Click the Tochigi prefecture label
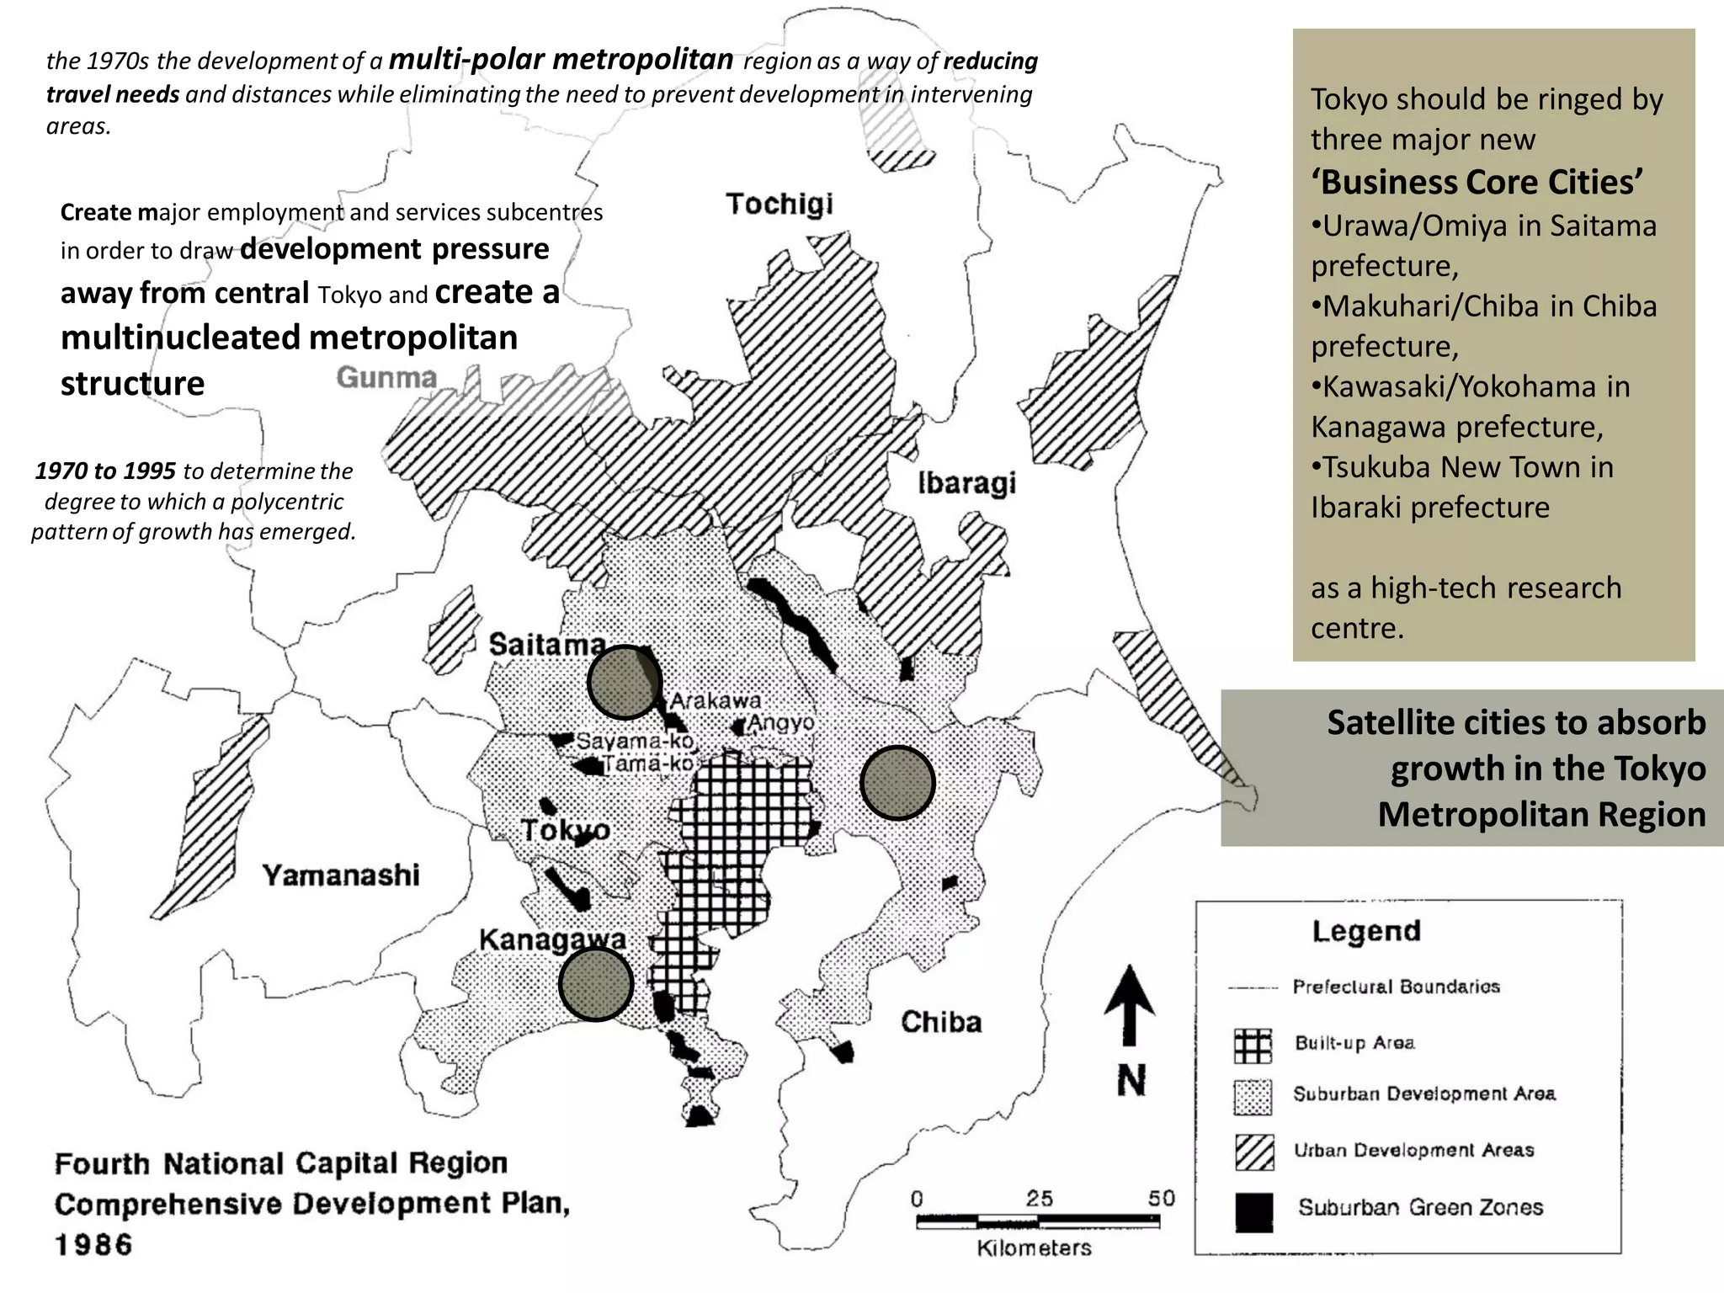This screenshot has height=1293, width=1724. click(x=780, y=205)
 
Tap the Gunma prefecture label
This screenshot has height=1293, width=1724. click(x=386, y=377)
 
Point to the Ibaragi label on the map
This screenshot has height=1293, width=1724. click(x=966, y=484)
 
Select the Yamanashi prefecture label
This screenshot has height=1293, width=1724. click(x=341, y=875)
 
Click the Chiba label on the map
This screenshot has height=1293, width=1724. click(x=941, y=1022)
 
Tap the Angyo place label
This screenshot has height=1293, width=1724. click(x=781, y=722)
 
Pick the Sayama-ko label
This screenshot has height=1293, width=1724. click(x=635, y=742)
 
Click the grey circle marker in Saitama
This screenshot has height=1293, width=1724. click(x=625, y=682)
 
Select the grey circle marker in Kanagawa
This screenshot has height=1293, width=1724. click(x=596, y=984)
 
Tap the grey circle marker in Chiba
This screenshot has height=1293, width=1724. click(x=897, y=783)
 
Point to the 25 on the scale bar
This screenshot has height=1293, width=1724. click(x=1039, y=1198)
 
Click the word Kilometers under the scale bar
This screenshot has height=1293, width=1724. click(x=1034, y=1248)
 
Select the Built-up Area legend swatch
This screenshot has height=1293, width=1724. click(x=1253, y=1046)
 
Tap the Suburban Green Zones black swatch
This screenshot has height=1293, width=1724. click(x=1253, y=1212)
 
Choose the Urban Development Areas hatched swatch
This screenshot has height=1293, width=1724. click(x=1253, y=1152)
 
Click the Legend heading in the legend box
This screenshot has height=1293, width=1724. click(x=1365, y=931)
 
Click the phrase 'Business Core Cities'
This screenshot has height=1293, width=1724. click(x=1477, y=183)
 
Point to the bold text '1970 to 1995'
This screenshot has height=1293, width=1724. click(x=105, y=471)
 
